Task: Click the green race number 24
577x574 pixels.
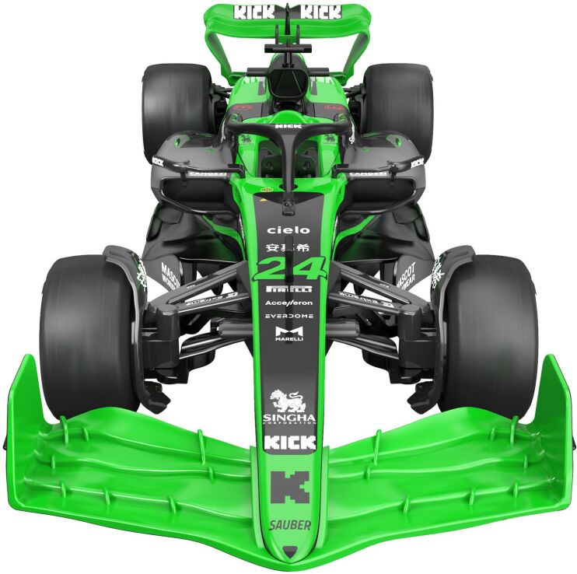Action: (x=289, y=268)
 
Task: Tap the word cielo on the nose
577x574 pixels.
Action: (x=288, y=230)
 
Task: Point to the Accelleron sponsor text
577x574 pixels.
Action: (x=289, y=303)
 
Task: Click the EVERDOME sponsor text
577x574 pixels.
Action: (x=289, y=316)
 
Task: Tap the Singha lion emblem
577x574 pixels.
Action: (x=289, y=402)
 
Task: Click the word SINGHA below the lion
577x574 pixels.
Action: (x=289, y=418)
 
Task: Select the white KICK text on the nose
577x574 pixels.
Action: (x=289, y=443)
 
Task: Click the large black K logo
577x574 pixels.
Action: (x=289, y=487)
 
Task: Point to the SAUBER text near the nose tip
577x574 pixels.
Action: (x=289, y=525)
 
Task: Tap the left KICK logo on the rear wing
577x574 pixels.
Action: (x=254, y=12)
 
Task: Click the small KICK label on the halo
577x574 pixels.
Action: (x=288, y=125)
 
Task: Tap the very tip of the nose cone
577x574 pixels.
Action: (x=289, y=553)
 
